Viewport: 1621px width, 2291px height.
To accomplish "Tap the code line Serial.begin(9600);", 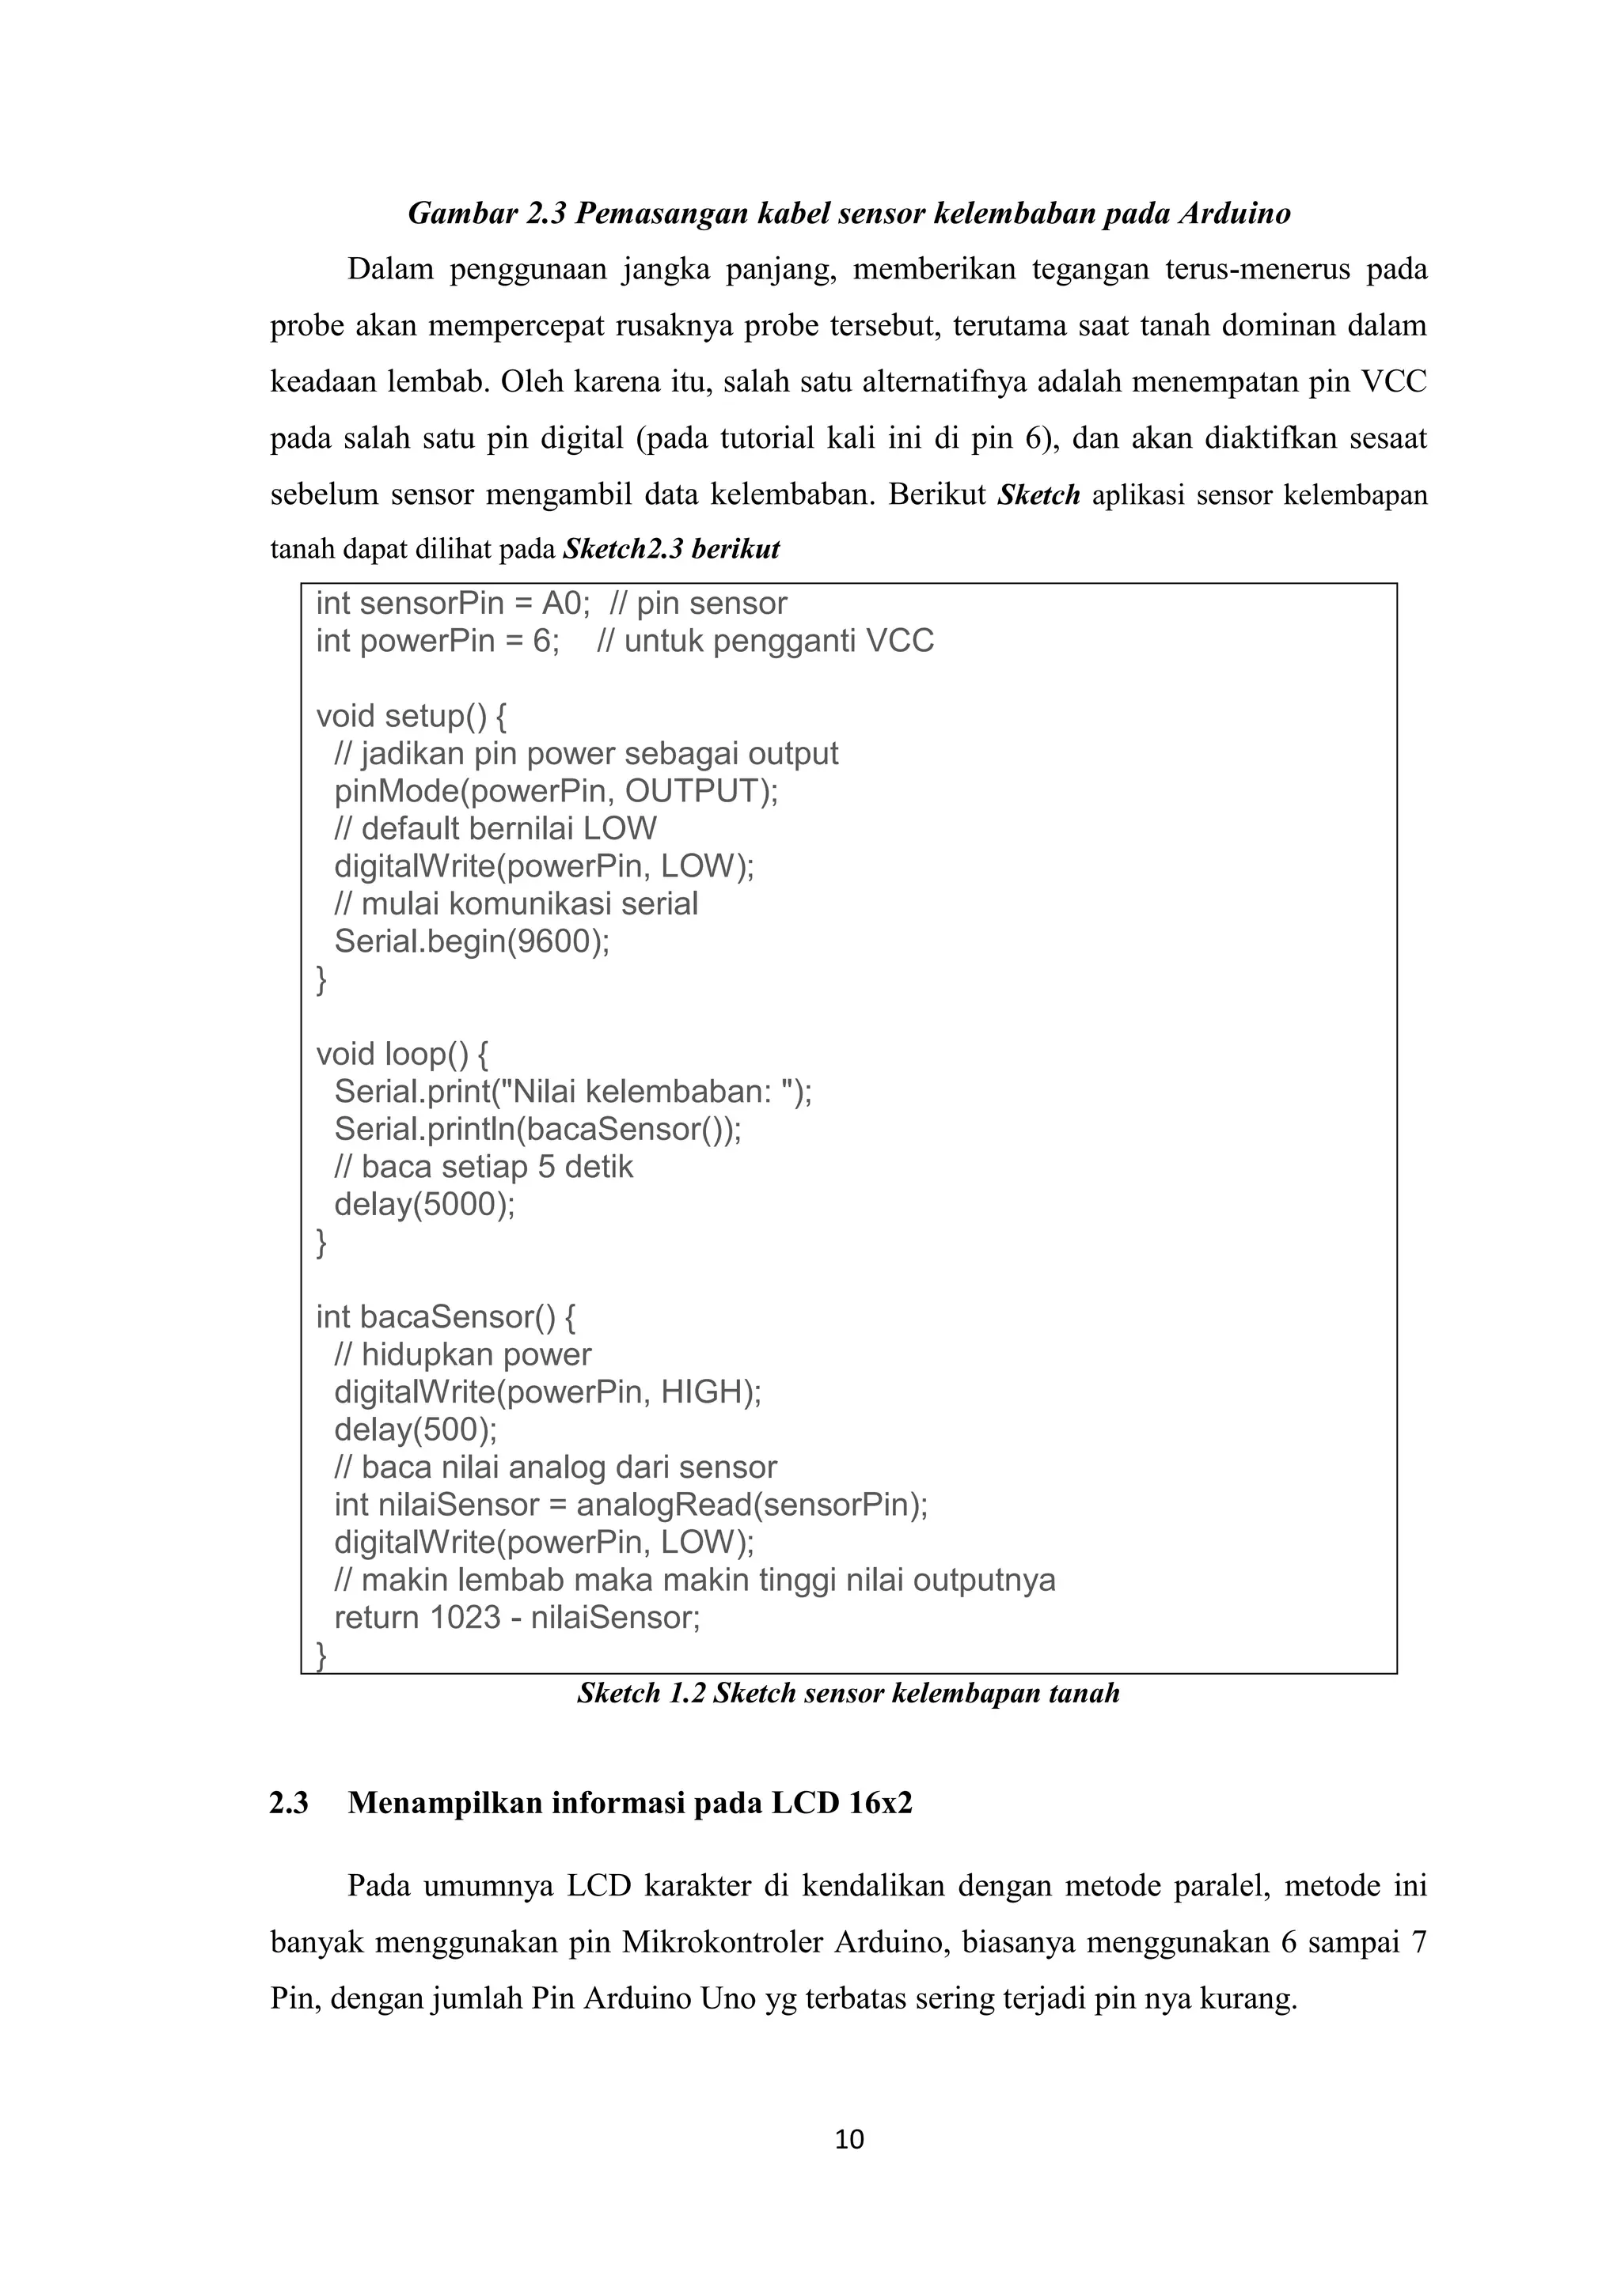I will click(471, 941).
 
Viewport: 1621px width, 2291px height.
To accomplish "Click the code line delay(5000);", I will click(424, 1204).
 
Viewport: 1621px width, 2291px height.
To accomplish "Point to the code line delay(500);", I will click(416, 1430).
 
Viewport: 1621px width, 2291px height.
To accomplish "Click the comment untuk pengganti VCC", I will click(765, 641).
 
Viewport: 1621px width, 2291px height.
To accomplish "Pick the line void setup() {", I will click(412, 715).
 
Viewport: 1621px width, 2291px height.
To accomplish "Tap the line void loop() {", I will click(402, 1054).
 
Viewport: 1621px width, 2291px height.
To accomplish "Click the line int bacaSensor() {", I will click(445, 1317).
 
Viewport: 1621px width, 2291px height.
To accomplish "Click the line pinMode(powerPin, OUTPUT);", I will click(556, 790).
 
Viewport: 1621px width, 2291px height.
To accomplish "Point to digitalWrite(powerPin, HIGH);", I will click(547, 1392).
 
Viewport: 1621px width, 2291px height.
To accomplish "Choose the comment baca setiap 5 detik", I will click(484, 1166).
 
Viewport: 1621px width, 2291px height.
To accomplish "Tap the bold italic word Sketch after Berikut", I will click(1038, 495).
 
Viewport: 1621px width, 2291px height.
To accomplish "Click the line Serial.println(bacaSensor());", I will click(537, 1129).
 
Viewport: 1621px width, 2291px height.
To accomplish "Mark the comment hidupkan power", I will click(463, 1355).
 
